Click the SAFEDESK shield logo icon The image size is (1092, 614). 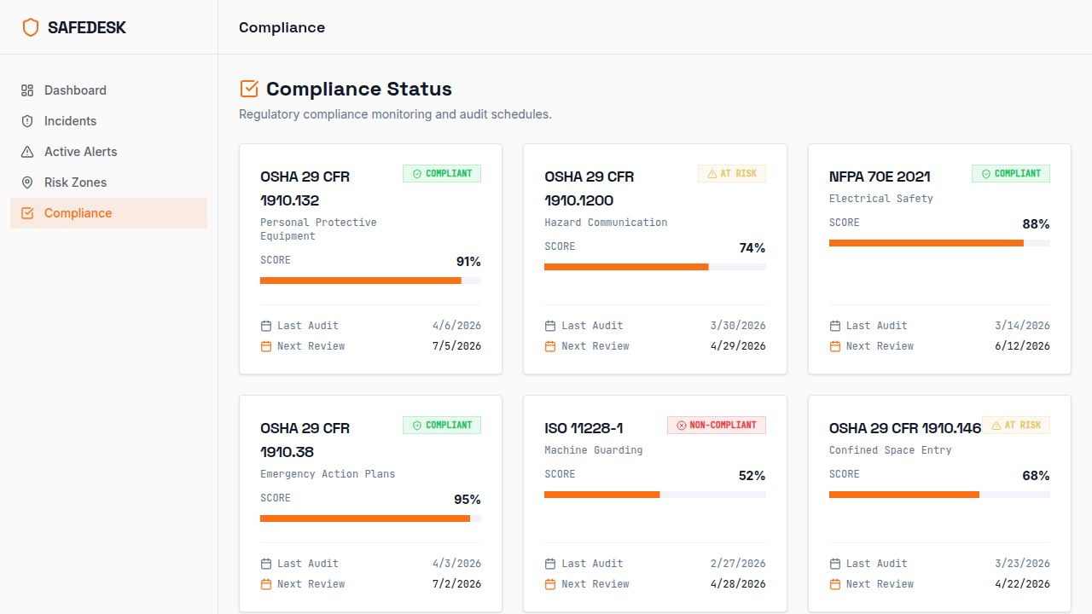click(x=31, y=27)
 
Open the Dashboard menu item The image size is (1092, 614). click(x=75, y=90)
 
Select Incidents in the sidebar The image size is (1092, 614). click(x=70, y=121)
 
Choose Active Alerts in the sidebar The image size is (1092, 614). click(x=80, y=152)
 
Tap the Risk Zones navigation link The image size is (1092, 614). click(x=75, y=182)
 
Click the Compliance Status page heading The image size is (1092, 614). click(x=358, y=89)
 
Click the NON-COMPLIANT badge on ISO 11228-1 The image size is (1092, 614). click(x=716, y=425)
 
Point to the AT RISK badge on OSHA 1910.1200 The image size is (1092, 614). click(x=731, y=173)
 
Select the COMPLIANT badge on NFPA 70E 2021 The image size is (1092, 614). click(x=1010, y=173)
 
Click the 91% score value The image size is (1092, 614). click(x=468, y=262)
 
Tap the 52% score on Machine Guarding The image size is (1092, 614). click(x=752, y=476)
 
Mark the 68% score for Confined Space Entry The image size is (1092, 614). click(x=1036, y=476)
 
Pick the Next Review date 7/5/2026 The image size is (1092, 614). click(x=456, y=346)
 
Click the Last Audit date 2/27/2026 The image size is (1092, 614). click(x=738, y=564)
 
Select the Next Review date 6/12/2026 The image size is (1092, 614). click(x=1022, y=346)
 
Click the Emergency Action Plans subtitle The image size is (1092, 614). click(x=328, y=474)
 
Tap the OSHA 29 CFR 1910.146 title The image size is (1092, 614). click(x=904, y=428)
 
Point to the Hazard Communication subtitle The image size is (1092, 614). click(x=606, y=223)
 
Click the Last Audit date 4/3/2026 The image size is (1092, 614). click(x=456, y=564)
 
